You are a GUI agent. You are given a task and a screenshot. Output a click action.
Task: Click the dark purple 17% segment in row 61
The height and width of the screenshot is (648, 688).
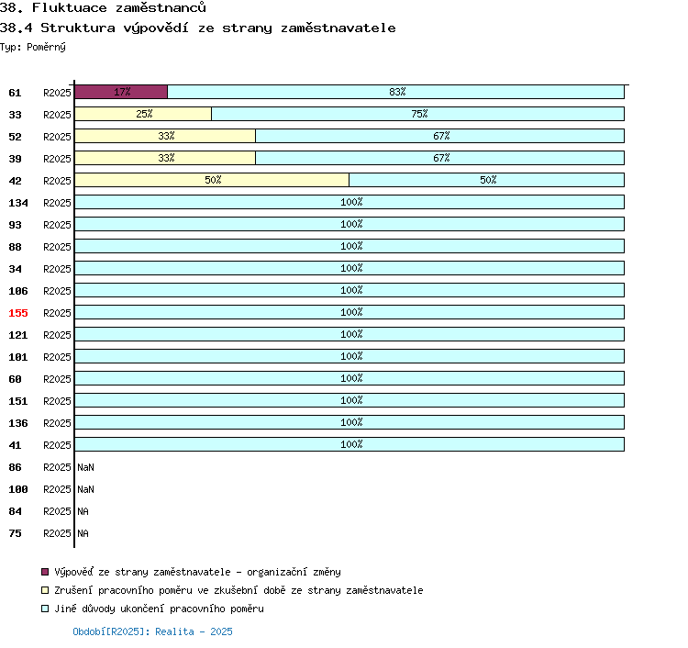tap(121, 92)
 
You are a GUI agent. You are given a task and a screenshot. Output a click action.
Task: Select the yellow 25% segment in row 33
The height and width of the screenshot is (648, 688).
tap(143, 114)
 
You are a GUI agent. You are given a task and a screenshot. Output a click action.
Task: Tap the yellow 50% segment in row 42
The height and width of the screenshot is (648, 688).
tap(212, 180)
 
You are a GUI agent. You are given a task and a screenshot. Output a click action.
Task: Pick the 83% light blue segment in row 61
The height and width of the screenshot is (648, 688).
tap(395, 92)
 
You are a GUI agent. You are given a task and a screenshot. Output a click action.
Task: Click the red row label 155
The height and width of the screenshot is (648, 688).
tap(18, 313)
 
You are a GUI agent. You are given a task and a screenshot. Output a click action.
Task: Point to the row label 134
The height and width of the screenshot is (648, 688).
tap(18, 203)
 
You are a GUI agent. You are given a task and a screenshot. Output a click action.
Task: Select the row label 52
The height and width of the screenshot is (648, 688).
tap(15, 137)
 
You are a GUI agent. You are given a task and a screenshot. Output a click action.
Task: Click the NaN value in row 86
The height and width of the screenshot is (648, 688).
tap(85, 467)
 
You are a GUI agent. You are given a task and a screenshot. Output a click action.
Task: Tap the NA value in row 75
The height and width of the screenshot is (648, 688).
tap(83, 533)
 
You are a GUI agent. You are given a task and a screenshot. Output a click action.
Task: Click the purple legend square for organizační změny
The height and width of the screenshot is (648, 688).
tap(45, 572)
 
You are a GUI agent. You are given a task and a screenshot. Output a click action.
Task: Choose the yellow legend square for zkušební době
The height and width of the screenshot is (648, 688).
tap(45, 590)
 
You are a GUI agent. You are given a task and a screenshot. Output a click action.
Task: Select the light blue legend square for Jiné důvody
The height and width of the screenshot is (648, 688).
tap(45, 609)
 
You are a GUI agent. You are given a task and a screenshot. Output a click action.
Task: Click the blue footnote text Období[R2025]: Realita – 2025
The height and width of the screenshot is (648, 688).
tap(152, 631)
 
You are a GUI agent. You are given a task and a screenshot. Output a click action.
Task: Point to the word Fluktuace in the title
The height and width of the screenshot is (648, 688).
tap(70, 7)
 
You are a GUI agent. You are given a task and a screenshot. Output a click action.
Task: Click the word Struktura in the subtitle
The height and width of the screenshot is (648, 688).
tap(78, 28)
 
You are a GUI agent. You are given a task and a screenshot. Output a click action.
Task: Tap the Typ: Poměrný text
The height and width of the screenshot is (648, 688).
tap(33, 47)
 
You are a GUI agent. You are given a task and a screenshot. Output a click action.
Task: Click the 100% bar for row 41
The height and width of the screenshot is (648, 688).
tap(350, 444)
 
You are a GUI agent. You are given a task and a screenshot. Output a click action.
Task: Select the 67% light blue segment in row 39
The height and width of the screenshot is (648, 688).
tap(439, 158)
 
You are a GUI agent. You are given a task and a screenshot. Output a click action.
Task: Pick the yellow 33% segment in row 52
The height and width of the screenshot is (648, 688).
tap(165, 136)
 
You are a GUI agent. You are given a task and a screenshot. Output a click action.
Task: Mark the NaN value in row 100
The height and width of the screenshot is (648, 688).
tap(85, 489)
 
